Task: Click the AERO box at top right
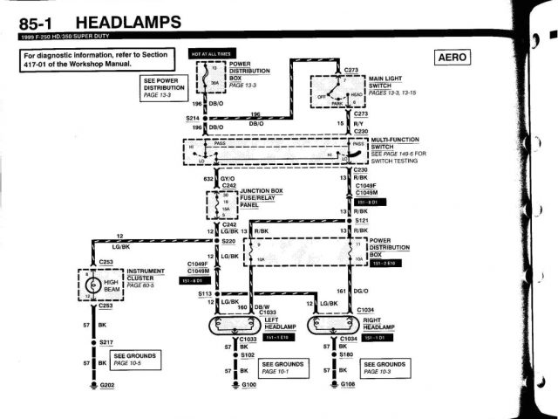[451, 58]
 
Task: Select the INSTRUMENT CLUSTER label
[145, 278]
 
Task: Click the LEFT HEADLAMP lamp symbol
[227, 326]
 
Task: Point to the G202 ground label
[107, 385]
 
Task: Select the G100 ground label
[249, 385]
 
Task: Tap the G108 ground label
[348, 385]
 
